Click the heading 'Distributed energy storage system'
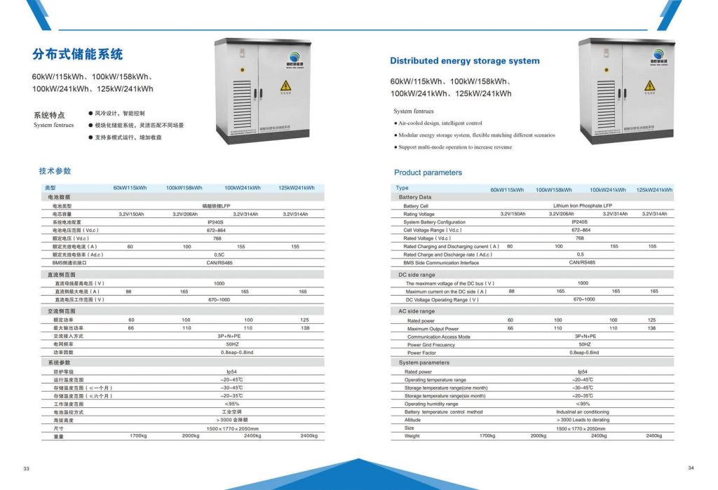[464, 61]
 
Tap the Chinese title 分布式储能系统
[77, 54]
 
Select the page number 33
[27, 468]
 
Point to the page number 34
[690, 468]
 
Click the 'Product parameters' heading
[428, 172]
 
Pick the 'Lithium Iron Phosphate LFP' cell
[577, 206]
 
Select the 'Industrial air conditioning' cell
[582, 412]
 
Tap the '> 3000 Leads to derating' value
[581, 420]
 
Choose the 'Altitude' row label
[412, 420]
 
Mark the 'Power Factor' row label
[421, 353]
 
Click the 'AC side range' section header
[416, 311]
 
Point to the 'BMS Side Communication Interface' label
[441, 263]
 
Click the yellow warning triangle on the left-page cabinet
[285, 85]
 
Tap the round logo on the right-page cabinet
[658, 54]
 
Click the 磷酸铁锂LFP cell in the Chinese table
[216, 205]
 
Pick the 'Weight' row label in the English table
[412, 436]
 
